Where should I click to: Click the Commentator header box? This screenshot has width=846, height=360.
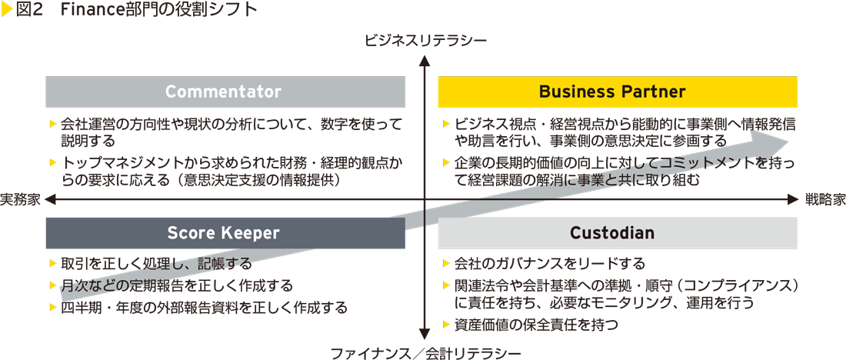pyautogui.click(x=225, y=92)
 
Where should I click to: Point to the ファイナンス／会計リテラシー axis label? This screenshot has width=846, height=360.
pyautogui.click(x=425, y=353)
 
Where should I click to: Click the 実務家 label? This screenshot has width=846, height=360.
pyautogui.click(x=21, y=199)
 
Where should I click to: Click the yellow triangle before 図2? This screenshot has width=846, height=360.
pyautogui.click(x=7, y=11)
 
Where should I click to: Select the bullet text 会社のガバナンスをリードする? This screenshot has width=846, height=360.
pyautogui.click(x=549, y=263)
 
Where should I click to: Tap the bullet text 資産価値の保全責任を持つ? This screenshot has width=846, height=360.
pyautogui.click(x=536, y=325)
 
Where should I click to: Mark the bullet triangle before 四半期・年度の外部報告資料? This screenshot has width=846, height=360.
pyautogui.click(x=52, y=308)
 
